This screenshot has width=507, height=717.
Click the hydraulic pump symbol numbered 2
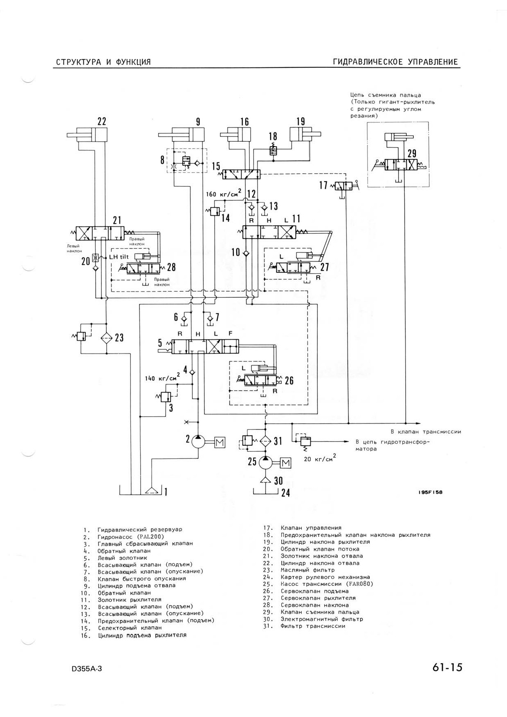pyautogui.click(x=198, y=441)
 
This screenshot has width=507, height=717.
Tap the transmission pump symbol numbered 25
pyautogui.click(x=266, y=462)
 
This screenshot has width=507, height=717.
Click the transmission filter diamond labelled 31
pyautogui.click(x=266, y=441)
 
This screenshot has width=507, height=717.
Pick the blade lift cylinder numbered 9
pyautogui.click(x=181, y=134)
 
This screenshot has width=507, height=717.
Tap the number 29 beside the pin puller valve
pyautogui.click(x=412, y=154)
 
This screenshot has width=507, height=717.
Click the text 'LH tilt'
pyautogui.click(x=119, y=257)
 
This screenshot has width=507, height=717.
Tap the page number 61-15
pyautogui.click(x=446, y=668)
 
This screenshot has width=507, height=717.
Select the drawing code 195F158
pyautogui.click(x=430, y=492)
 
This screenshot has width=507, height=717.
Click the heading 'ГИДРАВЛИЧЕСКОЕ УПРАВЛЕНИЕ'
pyautogui.click(x=395, y=62)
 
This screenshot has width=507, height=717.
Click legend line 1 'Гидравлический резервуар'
pyautogui.click(x=132, y=529)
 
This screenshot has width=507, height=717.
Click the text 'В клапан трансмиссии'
pyautogui.click(x=426, y=431)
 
